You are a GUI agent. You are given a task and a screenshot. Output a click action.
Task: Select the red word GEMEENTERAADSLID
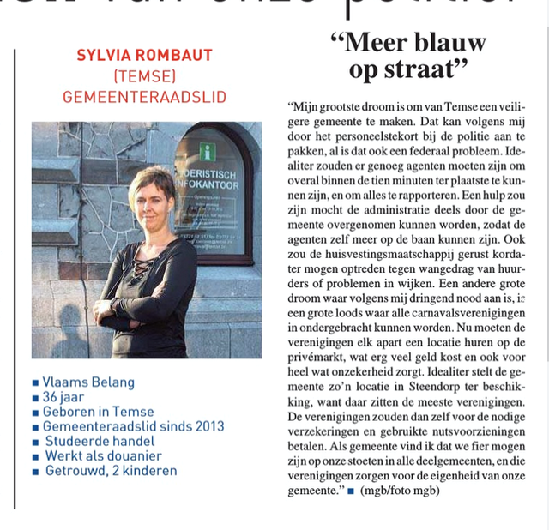click(x=144, y=96)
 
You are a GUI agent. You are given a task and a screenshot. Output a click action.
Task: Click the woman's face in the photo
click(x=151, y=195)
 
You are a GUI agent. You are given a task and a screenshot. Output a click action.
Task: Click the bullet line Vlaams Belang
click(x=88, y=382)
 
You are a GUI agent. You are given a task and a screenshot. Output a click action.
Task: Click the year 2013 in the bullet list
click(x=208, y=426)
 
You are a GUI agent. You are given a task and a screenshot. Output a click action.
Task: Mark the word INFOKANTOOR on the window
click(x=211, y=181)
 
